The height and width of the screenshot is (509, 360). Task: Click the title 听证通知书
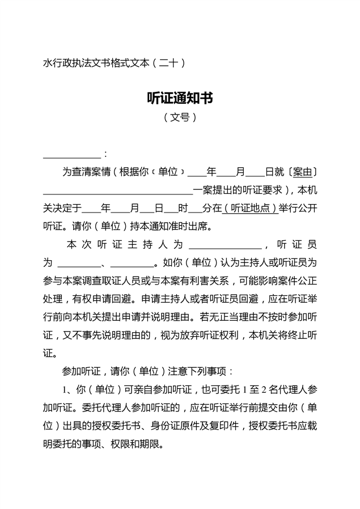[x=180, y=98]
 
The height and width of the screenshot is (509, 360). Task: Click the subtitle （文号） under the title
[x=180, y=118]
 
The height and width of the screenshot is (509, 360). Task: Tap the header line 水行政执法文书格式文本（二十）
[x=115, y=63]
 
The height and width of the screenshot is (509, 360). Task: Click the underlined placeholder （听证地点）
[x=250, y=209]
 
